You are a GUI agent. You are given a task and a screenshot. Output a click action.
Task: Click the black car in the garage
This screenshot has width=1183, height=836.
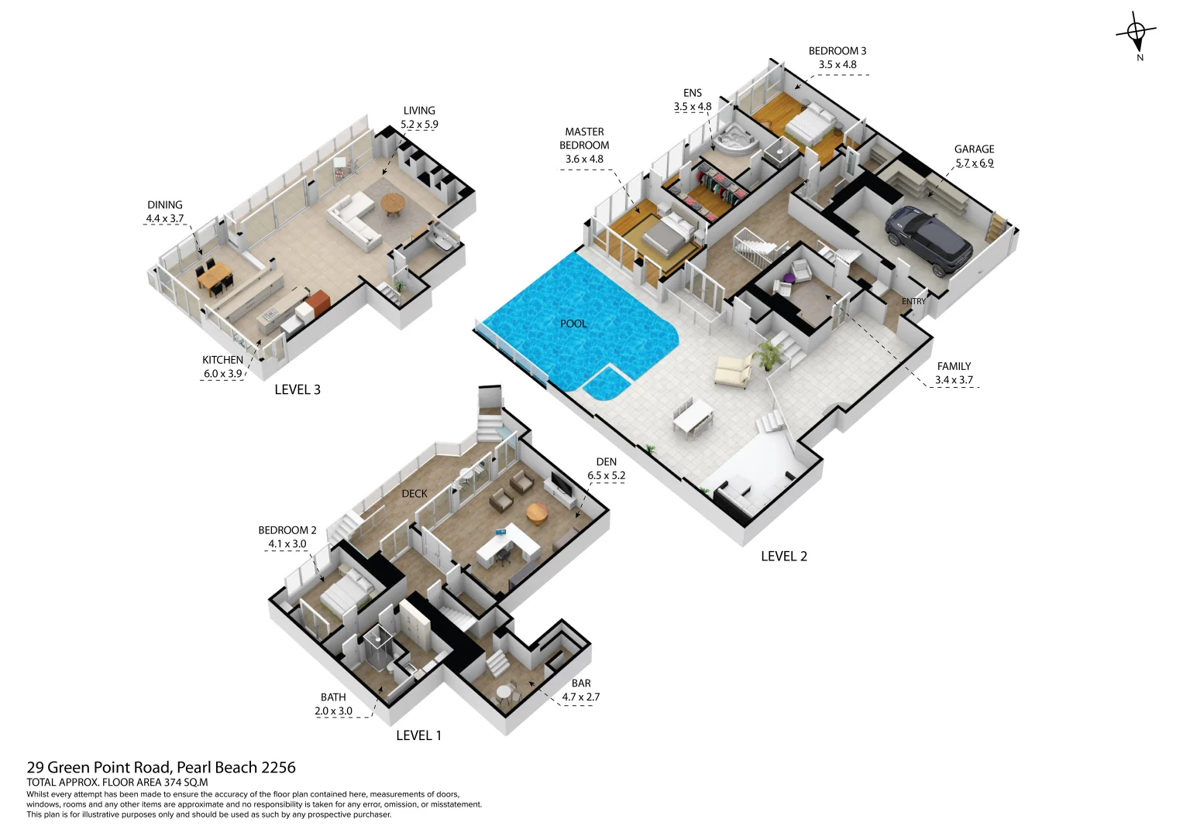[x=928, y=238]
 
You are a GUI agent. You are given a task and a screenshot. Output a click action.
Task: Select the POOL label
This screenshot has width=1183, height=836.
[x=573, y=324]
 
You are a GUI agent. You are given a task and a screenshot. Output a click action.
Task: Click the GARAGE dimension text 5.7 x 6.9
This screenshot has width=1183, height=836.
[x=974, y=163]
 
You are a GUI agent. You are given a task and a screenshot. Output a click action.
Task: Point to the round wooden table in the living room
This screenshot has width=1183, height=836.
[x=393, y=204]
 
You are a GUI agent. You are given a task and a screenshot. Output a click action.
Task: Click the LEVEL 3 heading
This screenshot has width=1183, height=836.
[x=297, y=389]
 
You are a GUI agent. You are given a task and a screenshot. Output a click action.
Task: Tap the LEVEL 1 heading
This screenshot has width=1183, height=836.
[x=418, y=735]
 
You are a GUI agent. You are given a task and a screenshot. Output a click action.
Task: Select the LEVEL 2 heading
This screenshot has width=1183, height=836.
[x=784, y=556]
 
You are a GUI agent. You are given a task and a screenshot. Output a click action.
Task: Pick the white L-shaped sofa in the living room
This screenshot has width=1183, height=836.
[x=352, y=219]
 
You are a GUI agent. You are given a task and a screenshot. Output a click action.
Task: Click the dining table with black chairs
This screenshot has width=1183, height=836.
[x=215, y=277]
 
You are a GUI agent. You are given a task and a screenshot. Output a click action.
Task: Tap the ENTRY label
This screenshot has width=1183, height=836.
[x=913, y=301]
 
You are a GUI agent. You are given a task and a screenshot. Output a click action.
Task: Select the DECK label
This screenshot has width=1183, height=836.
[x=414, y=493]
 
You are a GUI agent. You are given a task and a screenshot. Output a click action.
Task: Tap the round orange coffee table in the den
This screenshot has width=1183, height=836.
[x=537, y=512]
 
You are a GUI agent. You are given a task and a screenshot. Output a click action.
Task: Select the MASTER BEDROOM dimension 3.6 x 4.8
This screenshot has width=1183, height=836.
[x=584, y=159]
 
